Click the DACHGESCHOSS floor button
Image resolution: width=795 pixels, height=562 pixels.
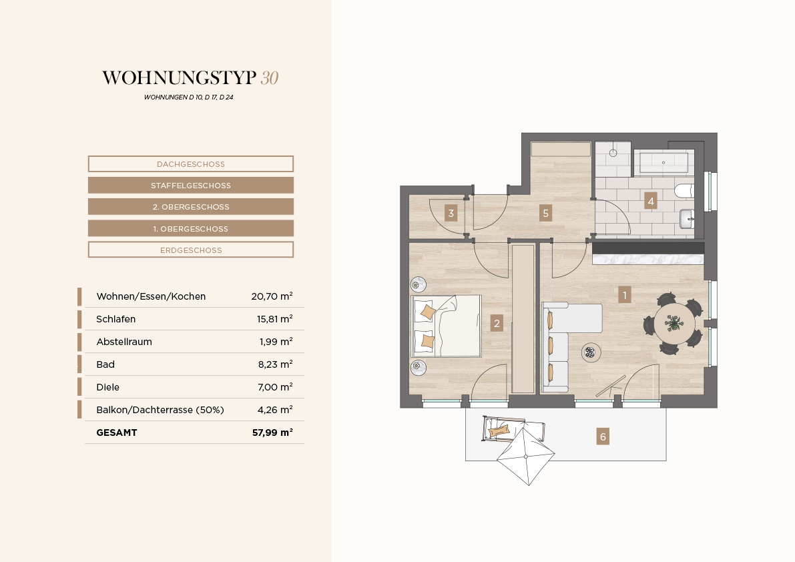pyautogui.click(x=191, y=164)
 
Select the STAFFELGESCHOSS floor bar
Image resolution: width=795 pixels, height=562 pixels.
pyautogui.click(x=191, y=186)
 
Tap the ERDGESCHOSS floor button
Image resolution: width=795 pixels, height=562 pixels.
pyautogui.click(x=191, y=250)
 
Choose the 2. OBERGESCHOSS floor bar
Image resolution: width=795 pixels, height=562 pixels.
pyautogui.click(x=191, y=207)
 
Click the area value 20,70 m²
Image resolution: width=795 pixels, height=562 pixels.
pyautogui.click(x=272, y=296)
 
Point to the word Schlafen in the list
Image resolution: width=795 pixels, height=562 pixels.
pyautogui.click(x=116, y=319)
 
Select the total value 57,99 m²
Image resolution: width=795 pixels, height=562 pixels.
pyautogui.click(x=272, y=433)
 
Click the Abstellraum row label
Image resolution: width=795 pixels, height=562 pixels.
pyautogui.click(x=124, y=342)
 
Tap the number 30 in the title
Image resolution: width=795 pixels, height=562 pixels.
pyautogui.click(x=269, y=77)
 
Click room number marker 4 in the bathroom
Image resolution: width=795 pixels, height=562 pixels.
pyautogui.click(x=651, y=201)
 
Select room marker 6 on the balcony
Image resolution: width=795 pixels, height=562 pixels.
pyautogui.click(x=602, y=437)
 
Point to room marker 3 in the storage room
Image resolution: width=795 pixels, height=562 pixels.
pyautogui.click(x=451, y=213)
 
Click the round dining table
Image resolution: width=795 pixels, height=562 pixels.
pyautogui.click(x=674, y=323)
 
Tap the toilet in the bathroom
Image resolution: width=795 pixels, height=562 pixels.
pyautogui.click(x=684, y=191)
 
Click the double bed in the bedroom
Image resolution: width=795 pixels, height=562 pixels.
pyautogui.click(x=446, y=326)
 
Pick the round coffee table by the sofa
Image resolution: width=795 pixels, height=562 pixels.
pyautogui.click(x=590, y=352)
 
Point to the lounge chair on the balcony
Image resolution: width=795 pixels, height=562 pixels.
pyautogui.click(x=513, y=429)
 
